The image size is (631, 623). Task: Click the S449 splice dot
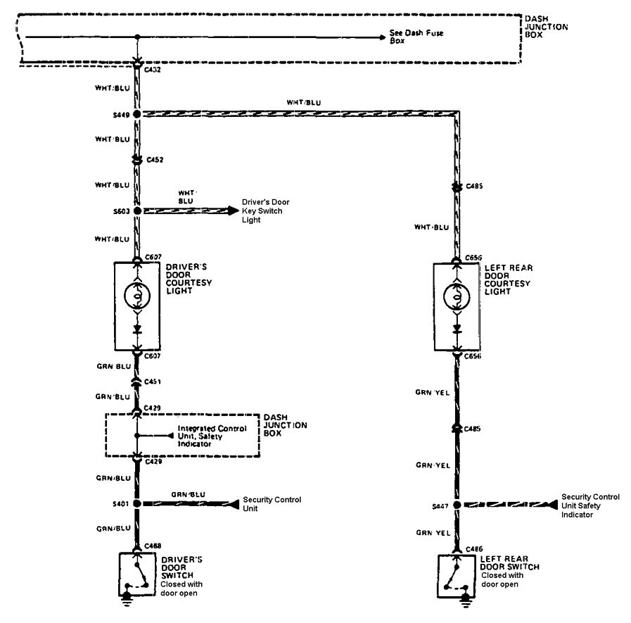pos(137,113)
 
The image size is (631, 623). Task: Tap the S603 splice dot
pos(137,210)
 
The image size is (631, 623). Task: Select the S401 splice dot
pos(137,504)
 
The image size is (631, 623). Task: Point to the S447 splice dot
pos(457,504)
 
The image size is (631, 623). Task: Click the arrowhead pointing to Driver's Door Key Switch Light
pos(231,210)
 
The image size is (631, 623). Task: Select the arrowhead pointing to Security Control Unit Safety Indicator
pos(553,504)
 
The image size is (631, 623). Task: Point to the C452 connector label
pos(155,161)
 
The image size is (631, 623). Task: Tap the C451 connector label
pos(153,382)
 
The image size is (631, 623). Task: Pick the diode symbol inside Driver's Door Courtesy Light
pos(137,328)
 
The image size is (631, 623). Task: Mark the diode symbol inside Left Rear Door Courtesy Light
pos(457,328)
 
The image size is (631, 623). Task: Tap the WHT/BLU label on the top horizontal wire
pos(304,102)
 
